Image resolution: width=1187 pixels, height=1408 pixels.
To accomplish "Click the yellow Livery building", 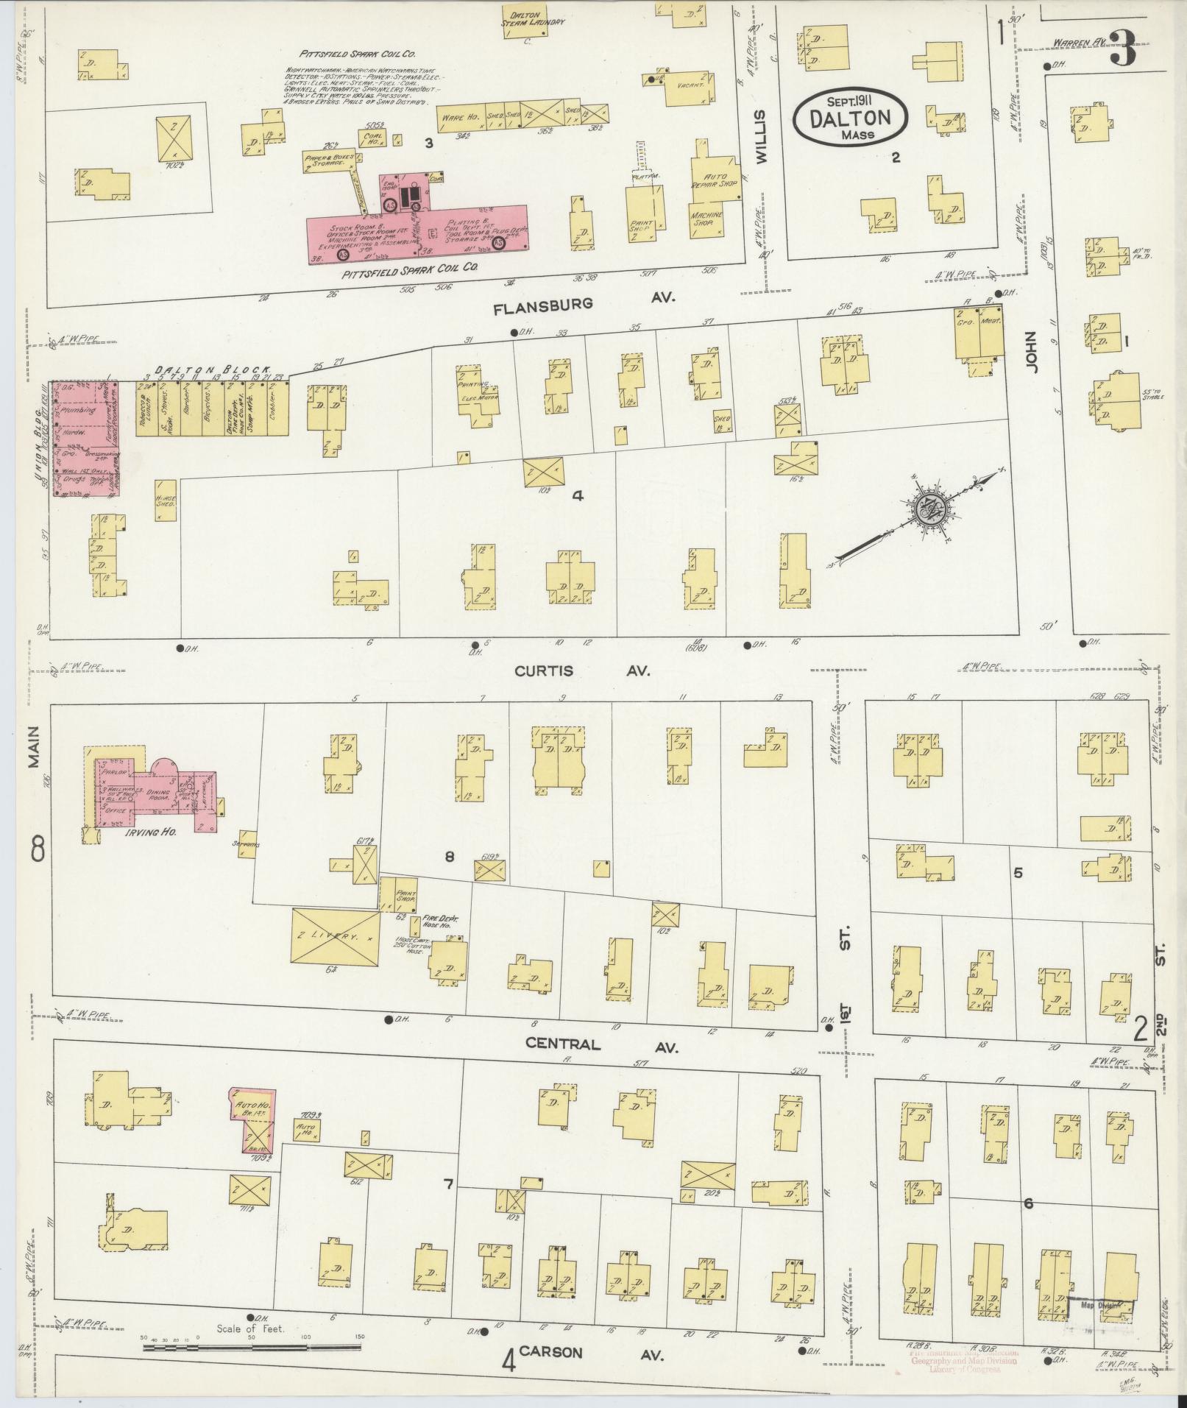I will [336, 936].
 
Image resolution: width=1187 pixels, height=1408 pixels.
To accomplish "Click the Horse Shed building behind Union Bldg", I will [165, 501].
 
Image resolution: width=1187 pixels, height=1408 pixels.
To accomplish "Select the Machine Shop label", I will [706, 218].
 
